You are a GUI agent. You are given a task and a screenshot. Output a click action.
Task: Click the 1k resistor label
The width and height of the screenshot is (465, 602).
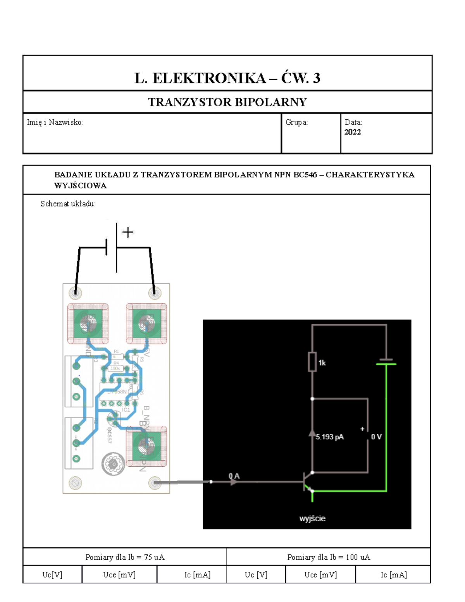tap(322, 363)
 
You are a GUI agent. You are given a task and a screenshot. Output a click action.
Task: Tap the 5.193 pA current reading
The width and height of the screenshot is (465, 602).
tap(329, 437)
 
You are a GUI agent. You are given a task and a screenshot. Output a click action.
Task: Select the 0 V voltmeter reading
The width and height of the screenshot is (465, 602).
tap(376, 437)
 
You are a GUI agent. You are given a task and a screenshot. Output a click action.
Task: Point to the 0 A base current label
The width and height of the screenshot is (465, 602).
tap(234, 476)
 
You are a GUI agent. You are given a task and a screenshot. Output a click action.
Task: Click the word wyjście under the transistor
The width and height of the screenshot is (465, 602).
tap(312, 518)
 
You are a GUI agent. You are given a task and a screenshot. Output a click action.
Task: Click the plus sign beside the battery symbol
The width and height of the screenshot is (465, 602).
tap(127, 232)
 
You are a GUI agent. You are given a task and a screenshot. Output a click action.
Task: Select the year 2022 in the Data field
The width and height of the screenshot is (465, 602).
tap(353, 132)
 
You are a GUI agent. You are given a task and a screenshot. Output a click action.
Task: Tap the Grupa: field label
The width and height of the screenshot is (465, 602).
tap(296, 122)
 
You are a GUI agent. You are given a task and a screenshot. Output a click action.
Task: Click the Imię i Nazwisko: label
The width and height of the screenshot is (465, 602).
tap(55, 122)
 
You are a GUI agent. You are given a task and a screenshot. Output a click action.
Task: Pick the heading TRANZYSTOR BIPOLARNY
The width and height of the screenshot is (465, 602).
tap(227, 102)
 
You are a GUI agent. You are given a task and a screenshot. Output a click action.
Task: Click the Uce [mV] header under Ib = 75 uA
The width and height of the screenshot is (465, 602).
tap(119, 574)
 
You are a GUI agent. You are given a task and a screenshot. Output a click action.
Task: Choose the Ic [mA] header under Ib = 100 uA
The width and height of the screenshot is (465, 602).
tap(393, 574)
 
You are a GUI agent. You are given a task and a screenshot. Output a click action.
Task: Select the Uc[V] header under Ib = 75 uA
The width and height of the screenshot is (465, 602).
tap(52, 574)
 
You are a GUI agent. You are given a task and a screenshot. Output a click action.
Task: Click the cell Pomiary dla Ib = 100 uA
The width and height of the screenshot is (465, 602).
tap(329, 557)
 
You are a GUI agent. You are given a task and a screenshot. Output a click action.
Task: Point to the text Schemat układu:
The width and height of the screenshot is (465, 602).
tap(68, 204)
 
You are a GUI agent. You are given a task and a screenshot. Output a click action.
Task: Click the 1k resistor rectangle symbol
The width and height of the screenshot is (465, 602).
tap(312, 362)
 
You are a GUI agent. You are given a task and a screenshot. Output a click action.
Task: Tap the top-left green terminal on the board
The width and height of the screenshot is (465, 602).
tap(88, 323)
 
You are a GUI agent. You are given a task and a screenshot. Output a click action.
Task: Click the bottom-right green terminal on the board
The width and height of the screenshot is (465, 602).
tap(146, 447)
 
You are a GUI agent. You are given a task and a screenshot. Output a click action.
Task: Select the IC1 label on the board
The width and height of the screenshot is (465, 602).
tap(126, 410)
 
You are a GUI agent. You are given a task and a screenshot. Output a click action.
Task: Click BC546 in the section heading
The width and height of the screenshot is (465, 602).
tap(305, 174)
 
